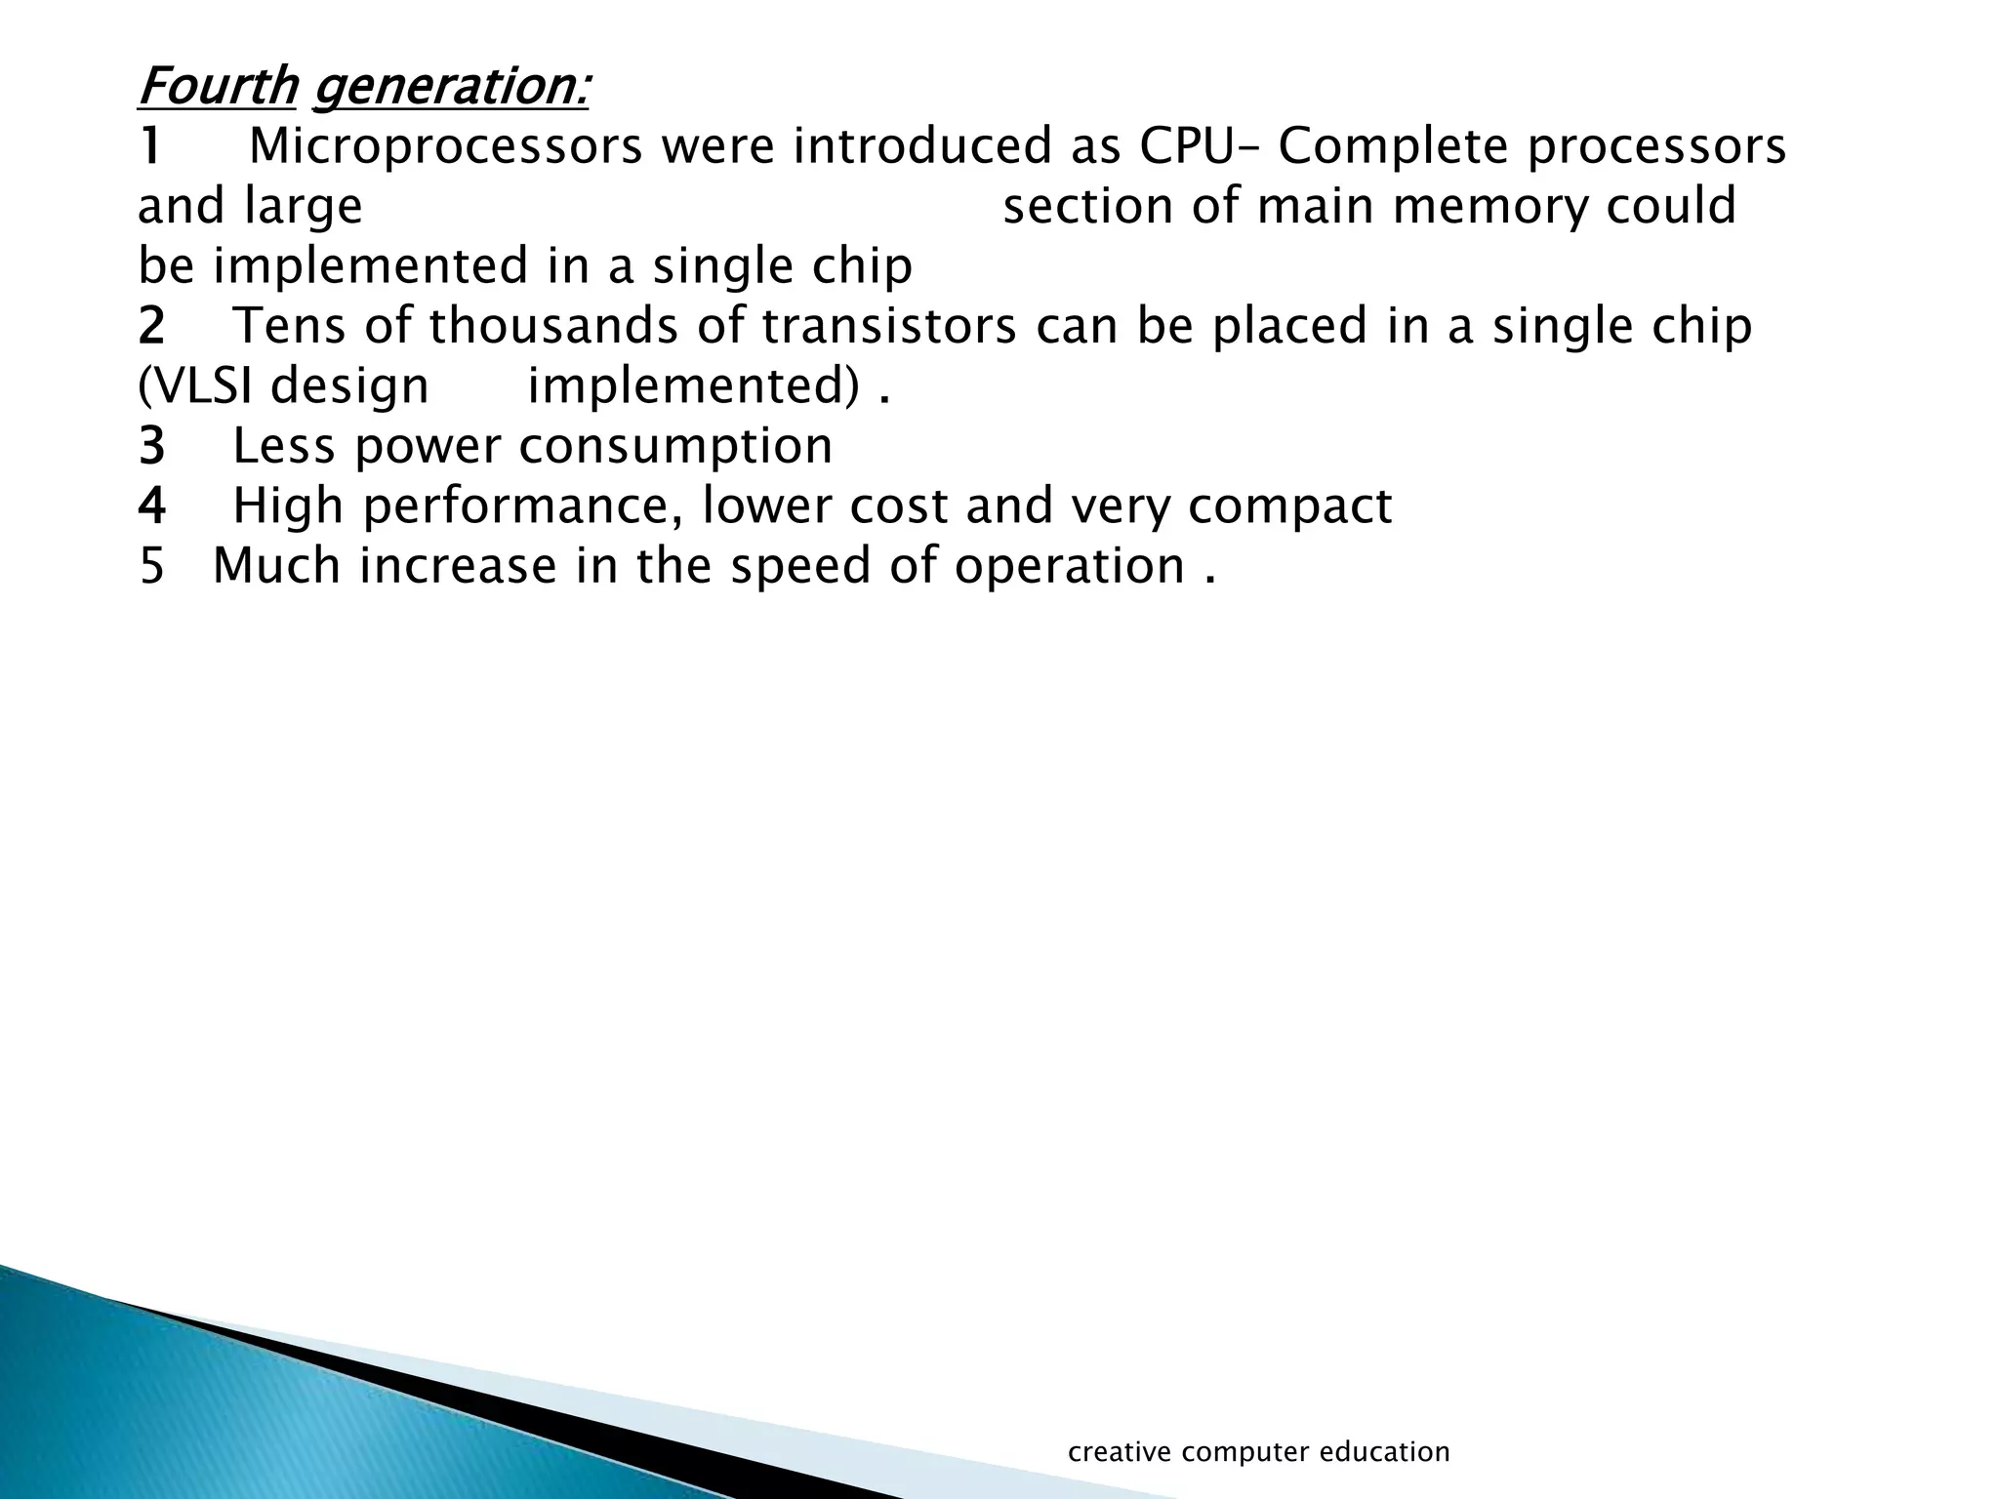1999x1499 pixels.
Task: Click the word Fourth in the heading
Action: pyautogui.click(x=217, y=86)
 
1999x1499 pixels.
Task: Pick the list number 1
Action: pyautogui.click(x=150, y=146)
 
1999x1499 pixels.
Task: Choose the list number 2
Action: pyautogui.click(x=151, y=326)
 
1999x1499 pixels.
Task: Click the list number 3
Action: pyautogui.click(x=151, y=446)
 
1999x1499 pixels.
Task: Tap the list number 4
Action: pyautogui.click(x=151, y=506)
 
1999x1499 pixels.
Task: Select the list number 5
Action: pyautogui.click(x=151, y=566)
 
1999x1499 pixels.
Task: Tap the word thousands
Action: pyautogui.click(x=553, y=326)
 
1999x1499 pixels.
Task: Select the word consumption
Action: pyautogui.click(x=675, y=446)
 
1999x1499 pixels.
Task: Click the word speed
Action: pyautogui.click(x=799, y=566)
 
